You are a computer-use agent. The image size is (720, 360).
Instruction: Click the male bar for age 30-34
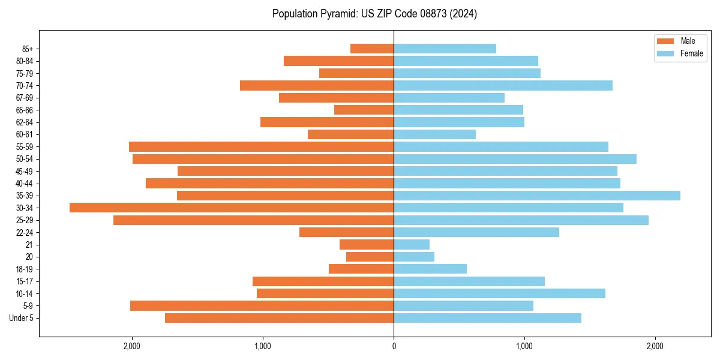tap(232, 208)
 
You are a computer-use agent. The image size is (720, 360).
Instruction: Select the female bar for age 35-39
tap(537, 196)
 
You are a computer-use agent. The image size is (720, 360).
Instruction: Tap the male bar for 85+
tap(372, 49)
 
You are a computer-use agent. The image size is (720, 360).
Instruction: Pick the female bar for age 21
tap(412, 245)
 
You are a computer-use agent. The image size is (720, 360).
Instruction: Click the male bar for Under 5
tap(279, 318)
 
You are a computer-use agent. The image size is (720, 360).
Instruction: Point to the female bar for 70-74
tap(503, 86)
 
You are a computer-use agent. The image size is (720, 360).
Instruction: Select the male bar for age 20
tap(370, 257)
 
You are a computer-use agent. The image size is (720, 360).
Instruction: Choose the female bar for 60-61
tap(434, 134)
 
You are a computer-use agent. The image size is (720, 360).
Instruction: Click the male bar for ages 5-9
tap(262, 306)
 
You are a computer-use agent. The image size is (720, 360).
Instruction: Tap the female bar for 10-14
tap(499, 293)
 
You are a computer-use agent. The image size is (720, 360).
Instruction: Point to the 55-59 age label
tap(25, 147)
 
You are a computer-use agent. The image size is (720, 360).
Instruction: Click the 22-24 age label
tap(25, 233)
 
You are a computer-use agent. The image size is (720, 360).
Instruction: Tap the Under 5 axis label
tap(21, 318)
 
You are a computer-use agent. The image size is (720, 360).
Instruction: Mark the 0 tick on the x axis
tap(394, 346)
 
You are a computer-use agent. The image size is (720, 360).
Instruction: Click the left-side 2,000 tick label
tap(131, 346)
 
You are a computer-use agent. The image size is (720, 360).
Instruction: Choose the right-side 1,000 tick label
tap(524, 346)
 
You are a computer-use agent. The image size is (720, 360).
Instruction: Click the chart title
tap(374, 14)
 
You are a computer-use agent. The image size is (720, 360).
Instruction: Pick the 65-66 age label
tap(25, 110)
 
